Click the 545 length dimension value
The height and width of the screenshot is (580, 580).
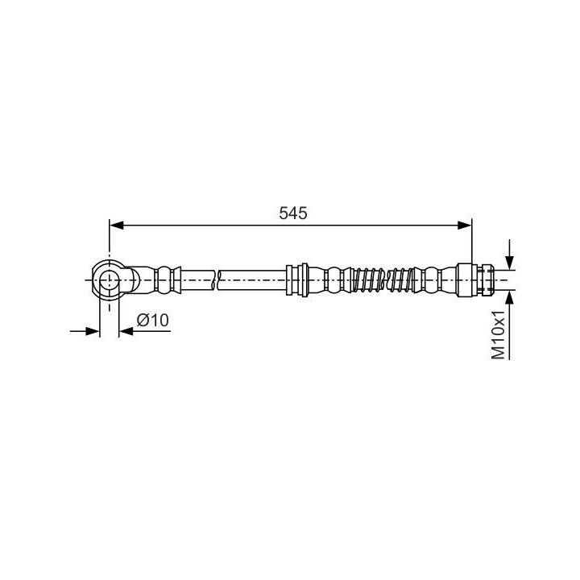[293, 213]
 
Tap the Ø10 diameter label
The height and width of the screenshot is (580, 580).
[152, 320]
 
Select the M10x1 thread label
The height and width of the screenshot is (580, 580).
[499, 335]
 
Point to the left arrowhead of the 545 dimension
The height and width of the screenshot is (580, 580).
[117, 225]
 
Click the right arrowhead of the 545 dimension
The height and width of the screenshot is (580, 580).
[465, 225]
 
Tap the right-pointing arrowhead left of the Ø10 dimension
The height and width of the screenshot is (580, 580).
[93, 331]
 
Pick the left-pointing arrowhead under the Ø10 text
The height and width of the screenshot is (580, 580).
[126, 331]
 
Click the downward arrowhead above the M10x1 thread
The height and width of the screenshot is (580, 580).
[510, 263]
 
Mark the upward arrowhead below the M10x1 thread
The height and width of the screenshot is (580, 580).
[510, 297]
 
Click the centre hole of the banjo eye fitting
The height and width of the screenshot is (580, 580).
[109, 280]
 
